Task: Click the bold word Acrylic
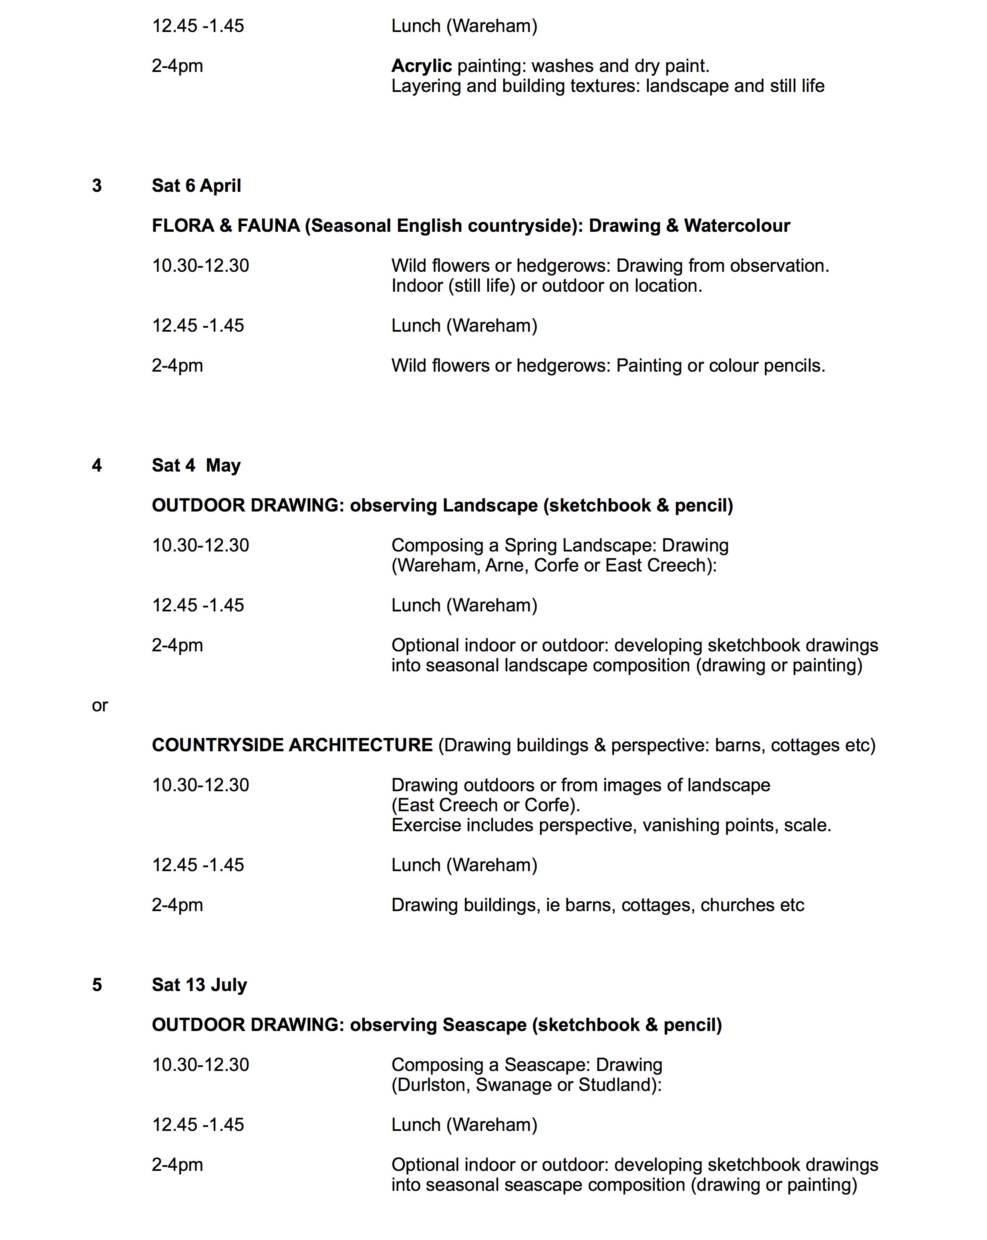[x=421, y=66]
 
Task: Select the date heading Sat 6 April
[x=196, y=186]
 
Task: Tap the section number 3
[x=97, y=186]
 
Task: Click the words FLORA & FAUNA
[x=225, y=225]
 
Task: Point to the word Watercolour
[x=737, y=225]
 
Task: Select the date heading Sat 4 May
[x=196, y=465]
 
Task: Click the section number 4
[x=97, y=465]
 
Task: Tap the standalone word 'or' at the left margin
[x=99, y=706]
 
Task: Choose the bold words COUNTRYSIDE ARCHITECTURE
[x=292, y=745]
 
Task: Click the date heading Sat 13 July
[x=199, y=985]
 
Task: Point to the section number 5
[x=97, y=985]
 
